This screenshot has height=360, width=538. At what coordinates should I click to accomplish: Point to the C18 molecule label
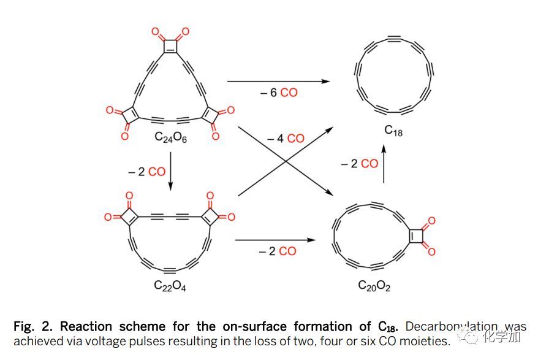click(x=393, y=130)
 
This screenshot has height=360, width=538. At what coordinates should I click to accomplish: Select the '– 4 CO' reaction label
click(x=286, y=139)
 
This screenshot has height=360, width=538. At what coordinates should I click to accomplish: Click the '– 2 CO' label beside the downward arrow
click(x=146, y=172)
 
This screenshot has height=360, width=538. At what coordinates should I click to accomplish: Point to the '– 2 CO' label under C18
click(x=360, y=164)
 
